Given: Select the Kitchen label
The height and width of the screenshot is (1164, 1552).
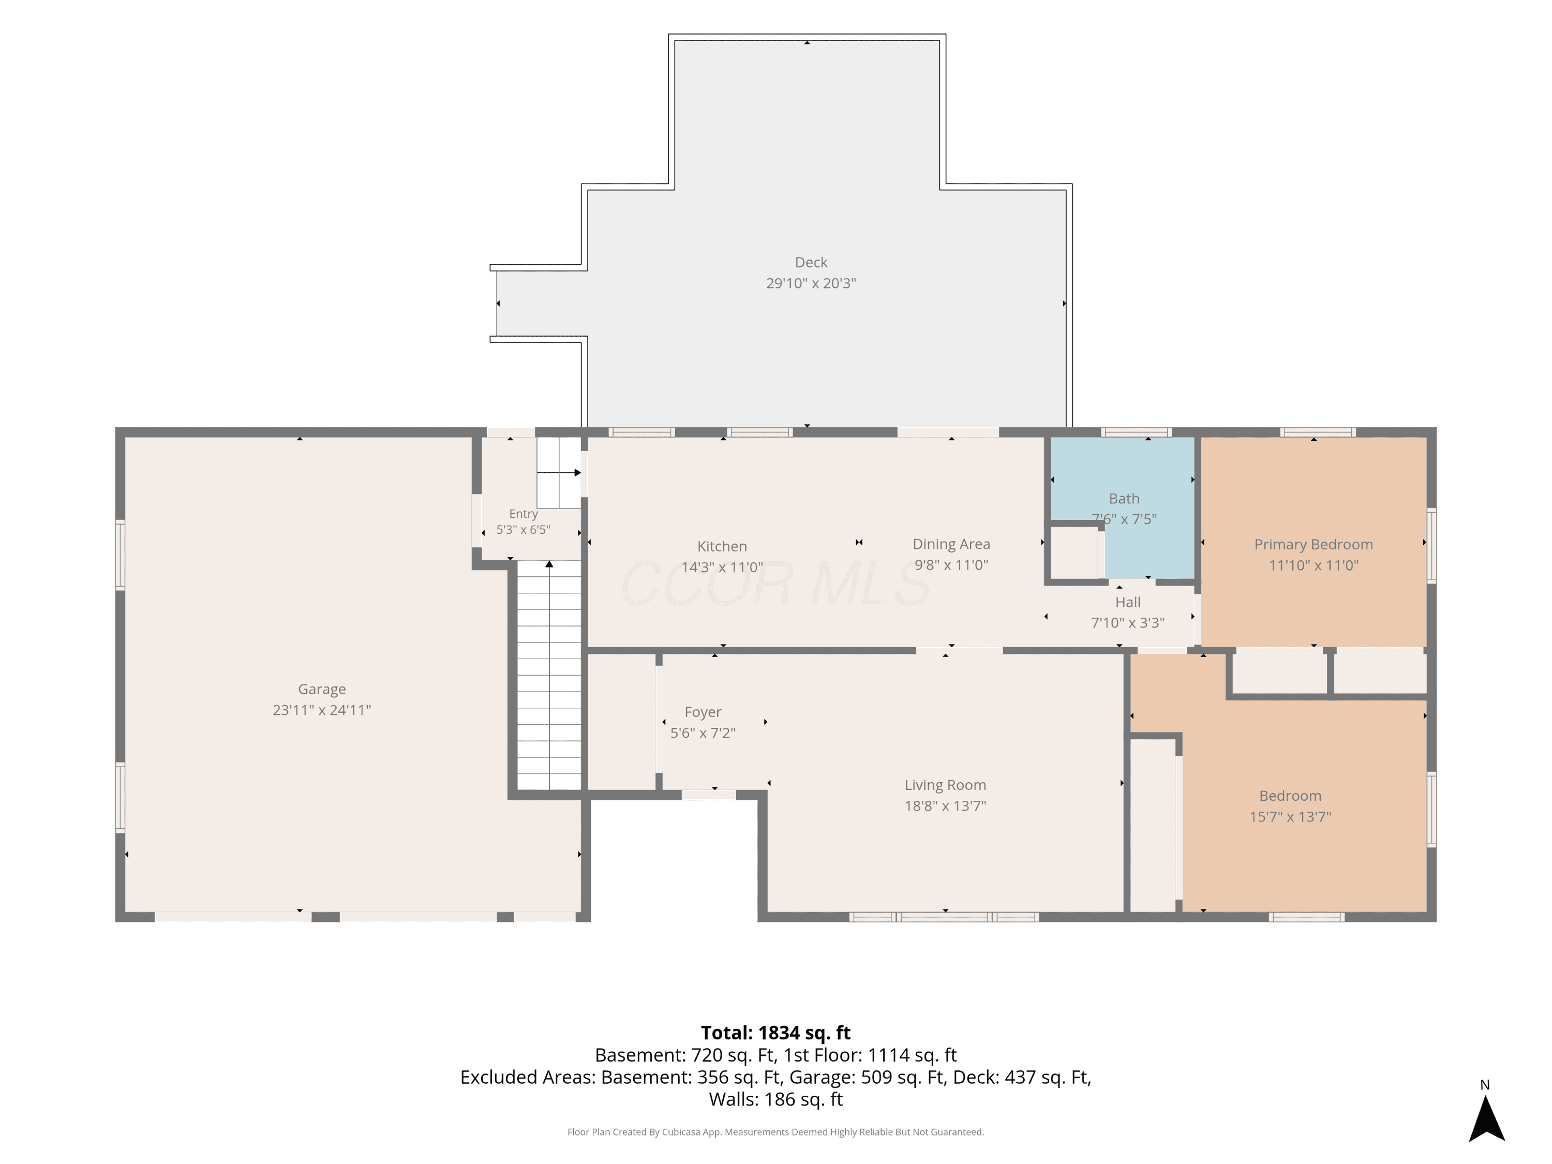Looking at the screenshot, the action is click(722, 546).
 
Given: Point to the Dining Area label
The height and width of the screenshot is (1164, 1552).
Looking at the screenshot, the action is click(951, 544).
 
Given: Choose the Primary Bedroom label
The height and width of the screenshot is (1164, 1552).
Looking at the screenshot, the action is click(1314, 544).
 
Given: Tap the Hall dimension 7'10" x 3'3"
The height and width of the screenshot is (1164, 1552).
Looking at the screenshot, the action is click(1127, 622).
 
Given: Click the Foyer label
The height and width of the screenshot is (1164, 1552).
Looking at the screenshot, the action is click(703, 712).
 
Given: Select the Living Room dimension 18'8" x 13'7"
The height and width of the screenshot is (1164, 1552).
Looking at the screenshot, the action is click(945, 805).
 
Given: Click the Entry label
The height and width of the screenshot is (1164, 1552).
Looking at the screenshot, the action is click(524, 514).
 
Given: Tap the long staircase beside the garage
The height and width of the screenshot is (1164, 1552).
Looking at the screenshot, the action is click(549, 675).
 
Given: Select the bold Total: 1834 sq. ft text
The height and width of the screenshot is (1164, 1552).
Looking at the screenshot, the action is click(775, 1033).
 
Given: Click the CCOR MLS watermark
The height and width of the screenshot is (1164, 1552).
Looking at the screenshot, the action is click(775, 584).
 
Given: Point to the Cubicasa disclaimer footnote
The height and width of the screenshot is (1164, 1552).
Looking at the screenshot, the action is click(775, 1132).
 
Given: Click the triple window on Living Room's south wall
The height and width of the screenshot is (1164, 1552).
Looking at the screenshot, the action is click(944, 916).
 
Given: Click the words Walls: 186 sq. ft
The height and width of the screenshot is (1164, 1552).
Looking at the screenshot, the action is click(775, 1099).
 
